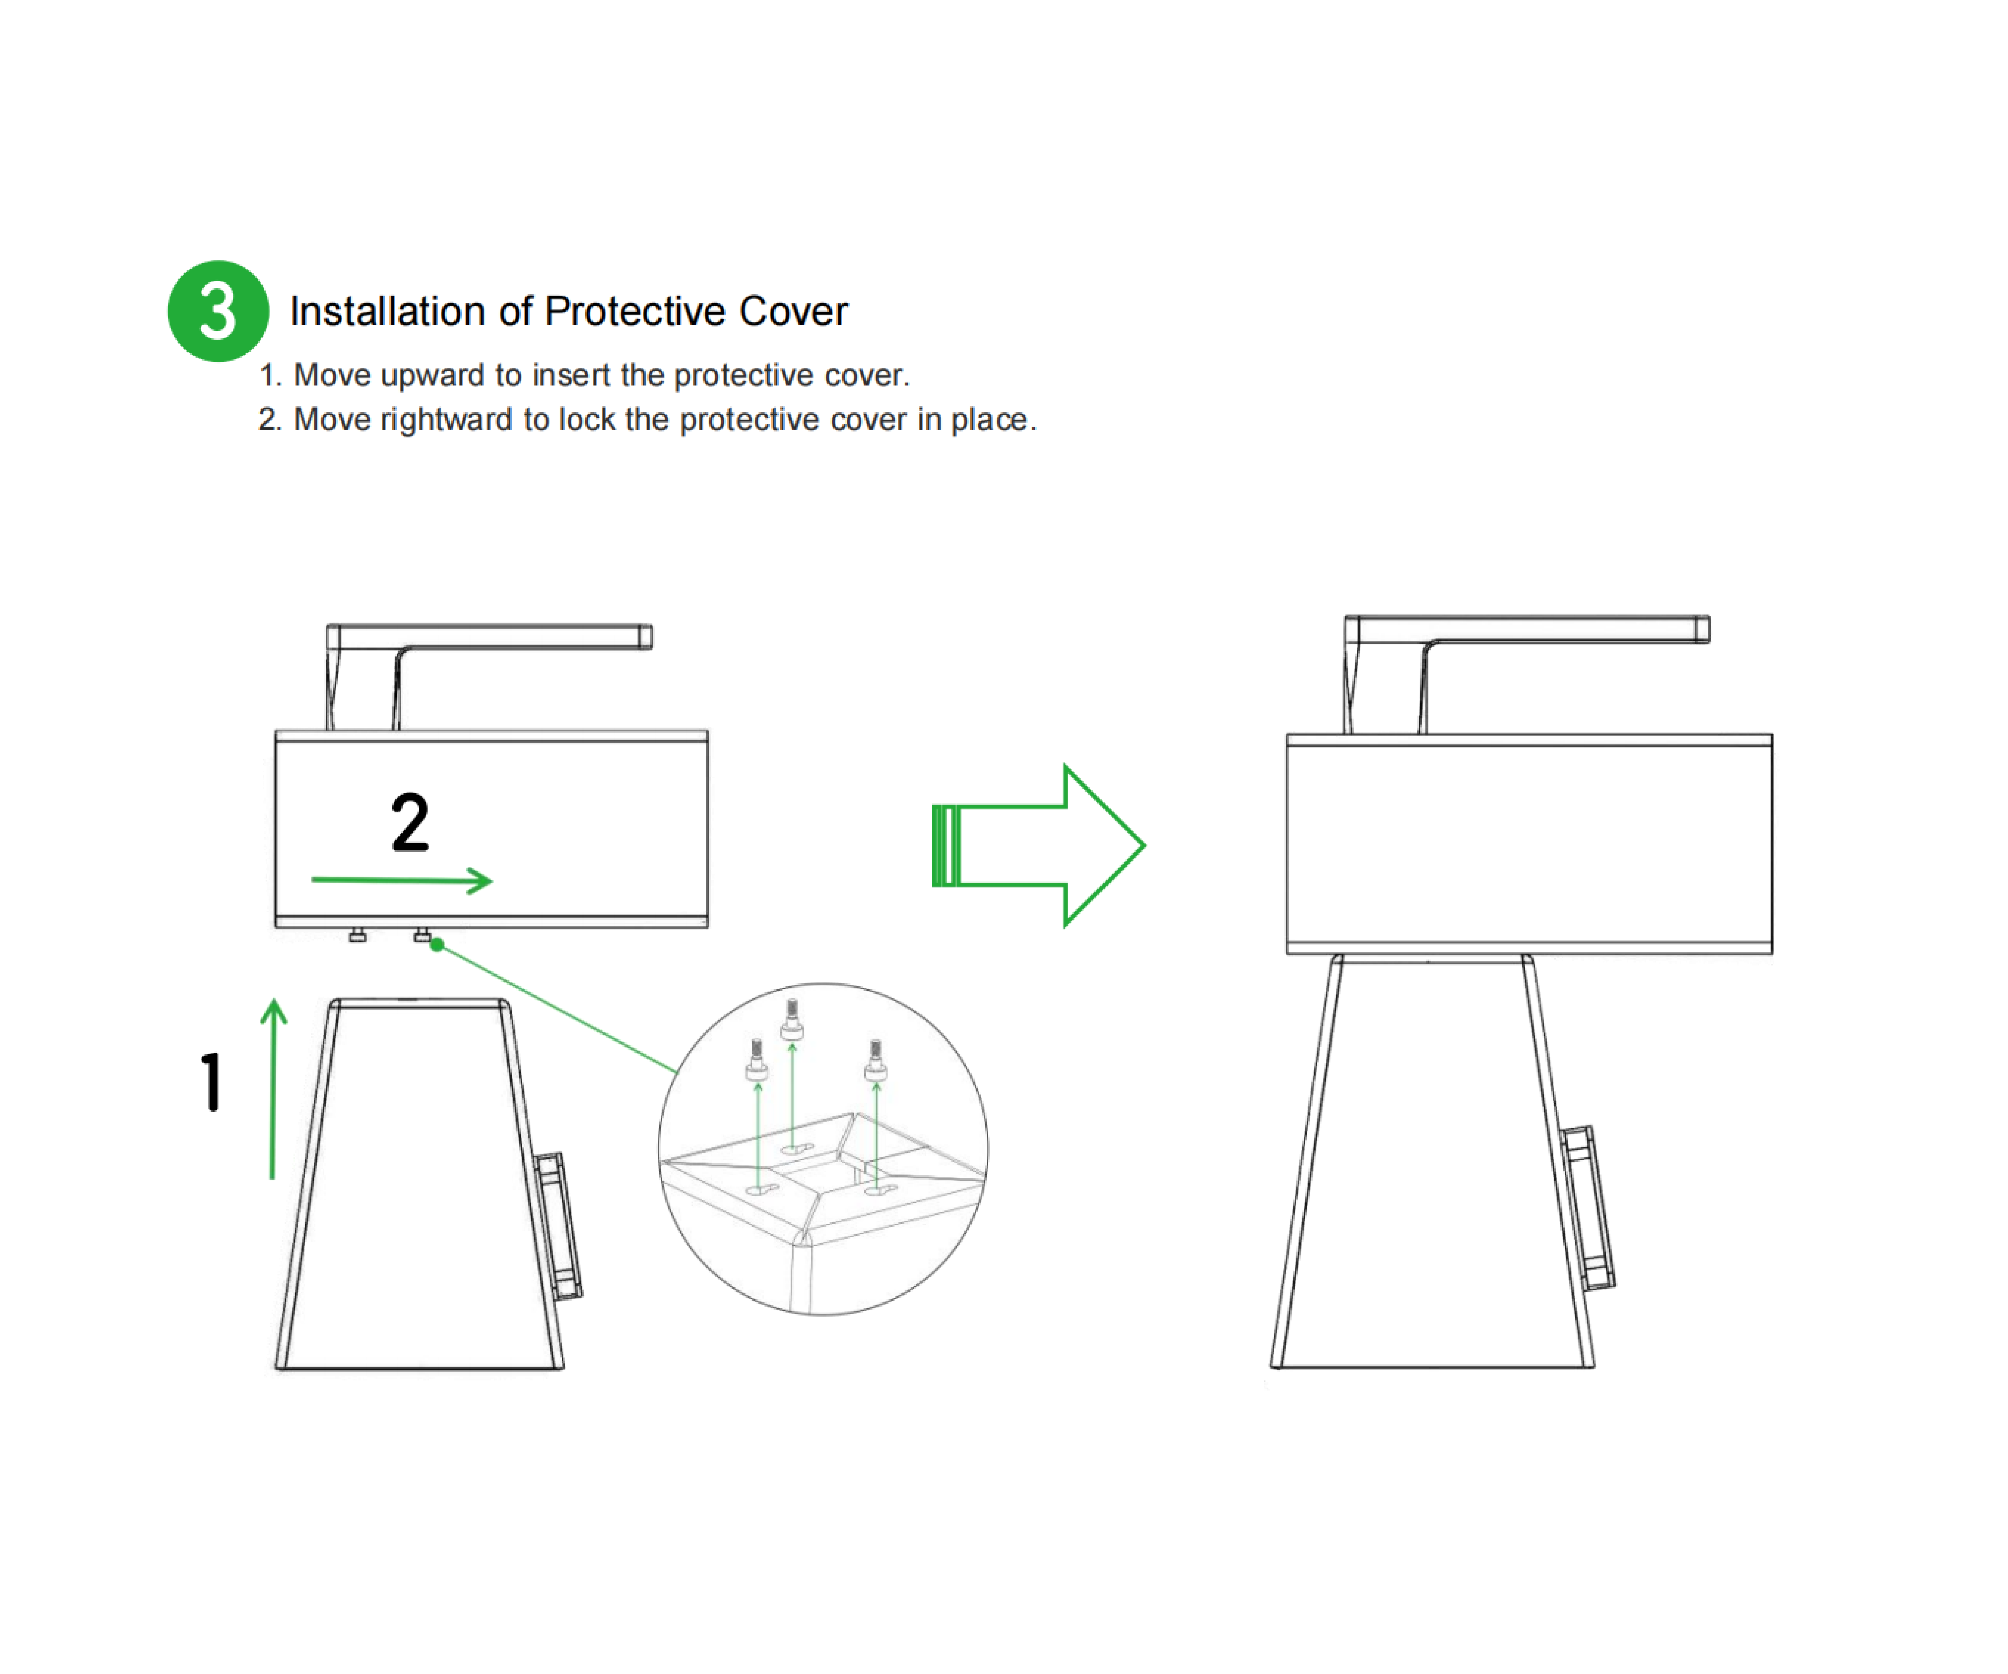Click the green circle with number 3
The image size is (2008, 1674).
click(x=218, y=311)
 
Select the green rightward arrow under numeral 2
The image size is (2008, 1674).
click(x=401, y=880)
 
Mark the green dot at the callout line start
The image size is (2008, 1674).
click(x=437, y=945)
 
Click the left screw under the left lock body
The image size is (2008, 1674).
click(x=358, y=935)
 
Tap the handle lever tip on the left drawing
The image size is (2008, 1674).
click(x=646, y=637)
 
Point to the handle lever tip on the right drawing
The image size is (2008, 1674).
click(x=1702, y=629)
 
